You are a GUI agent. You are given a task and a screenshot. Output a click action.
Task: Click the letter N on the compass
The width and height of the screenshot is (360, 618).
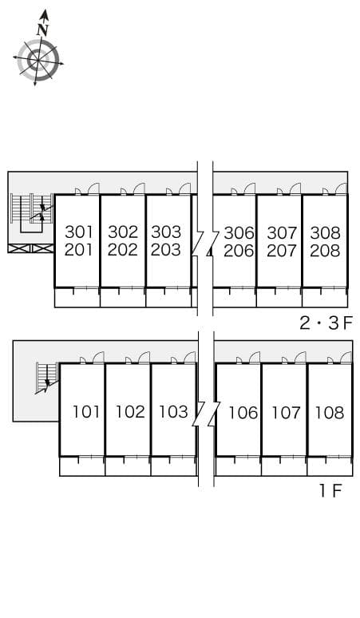42,30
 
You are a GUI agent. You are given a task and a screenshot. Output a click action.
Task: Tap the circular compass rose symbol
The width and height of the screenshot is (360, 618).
38,60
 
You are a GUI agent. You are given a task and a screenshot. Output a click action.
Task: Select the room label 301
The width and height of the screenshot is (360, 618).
79,232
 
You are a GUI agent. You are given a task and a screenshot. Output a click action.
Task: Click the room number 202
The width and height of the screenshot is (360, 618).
123,250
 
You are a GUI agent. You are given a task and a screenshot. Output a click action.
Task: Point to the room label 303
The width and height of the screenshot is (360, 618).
166,232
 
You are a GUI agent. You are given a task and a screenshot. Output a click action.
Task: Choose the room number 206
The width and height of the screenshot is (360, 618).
239,250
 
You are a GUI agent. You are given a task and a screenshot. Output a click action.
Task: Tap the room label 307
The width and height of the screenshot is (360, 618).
282,232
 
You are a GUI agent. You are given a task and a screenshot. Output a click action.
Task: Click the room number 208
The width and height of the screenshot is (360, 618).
325,250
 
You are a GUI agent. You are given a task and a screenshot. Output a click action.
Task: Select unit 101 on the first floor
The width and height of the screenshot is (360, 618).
86,412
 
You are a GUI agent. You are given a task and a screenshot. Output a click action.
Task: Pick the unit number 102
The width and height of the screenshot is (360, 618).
130,412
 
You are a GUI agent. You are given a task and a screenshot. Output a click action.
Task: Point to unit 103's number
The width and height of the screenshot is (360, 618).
173,412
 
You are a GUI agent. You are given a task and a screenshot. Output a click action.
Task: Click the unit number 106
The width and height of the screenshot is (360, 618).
243,412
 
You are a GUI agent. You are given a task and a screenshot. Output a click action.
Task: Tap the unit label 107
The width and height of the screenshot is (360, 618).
286,412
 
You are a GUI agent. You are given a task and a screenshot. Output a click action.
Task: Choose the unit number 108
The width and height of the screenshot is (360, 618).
329,412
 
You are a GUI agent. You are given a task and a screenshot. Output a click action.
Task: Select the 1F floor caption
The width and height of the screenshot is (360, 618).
330,490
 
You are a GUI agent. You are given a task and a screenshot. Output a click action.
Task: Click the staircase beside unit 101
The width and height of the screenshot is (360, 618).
46,377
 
